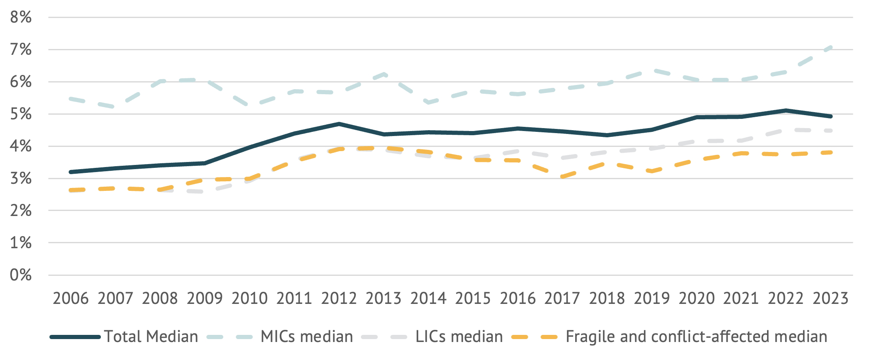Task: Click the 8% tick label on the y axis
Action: click(x=21, y=18)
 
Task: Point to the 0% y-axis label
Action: click(x=21, y=275)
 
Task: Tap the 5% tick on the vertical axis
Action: click(x=21, y=114)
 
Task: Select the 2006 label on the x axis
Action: click(x=70, y=298)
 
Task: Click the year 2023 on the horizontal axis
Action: click(x=830, y=298)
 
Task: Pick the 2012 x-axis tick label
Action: click(x=339, y=298)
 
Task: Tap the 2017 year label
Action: click(x=562, y=298)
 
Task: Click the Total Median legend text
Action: click(x=151, y=337)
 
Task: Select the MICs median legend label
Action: click(x=306, y=337)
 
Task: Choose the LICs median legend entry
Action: click(x=459, y=337)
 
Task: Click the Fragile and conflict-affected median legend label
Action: click(x=696, y=337)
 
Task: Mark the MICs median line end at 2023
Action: click(x=831, y=47)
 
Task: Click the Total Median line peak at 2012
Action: click(x=339, y=124)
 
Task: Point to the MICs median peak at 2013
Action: click(x=384, y=74)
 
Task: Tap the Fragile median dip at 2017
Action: click(x=562, y=177)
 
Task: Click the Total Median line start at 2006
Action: click(x=71, y=172)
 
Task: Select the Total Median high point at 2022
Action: click(x=786, y=111)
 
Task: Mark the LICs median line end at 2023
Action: click(x=831, y=131)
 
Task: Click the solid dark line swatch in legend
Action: click(x=75, y=337)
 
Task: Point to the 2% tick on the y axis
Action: click(x=21, y=211)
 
